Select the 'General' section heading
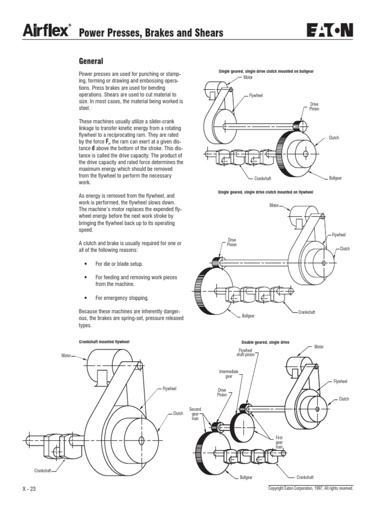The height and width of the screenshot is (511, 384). [x=91, y=61]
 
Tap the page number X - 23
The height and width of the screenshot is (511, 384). [x=29, y=489]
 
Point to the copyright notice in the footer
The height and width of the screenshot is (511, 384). [x=310, y=489]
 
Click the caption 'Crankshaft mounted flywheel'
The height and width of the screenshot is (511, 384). [x=104, y=342]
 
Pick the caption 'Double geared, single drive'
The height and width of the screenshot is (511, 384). [x=265, y=342]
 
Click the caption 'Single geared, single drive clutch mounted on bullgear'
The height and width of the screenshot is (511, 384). [x=266, y=71]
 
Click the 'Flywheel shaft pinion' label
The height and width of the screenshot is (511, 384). [x=245, y=353]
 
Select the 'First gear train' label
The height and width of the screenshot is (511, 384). [x=279, y=442]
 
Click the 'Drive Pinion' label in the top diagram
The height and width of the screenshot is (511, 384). [x=314, y=106]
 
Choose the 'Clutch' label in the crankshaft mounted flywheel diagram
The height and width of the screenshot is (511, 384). [x=178, y=414]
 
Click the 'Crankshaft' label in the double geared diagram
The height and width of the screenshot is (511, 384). [x=304, y=477]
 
